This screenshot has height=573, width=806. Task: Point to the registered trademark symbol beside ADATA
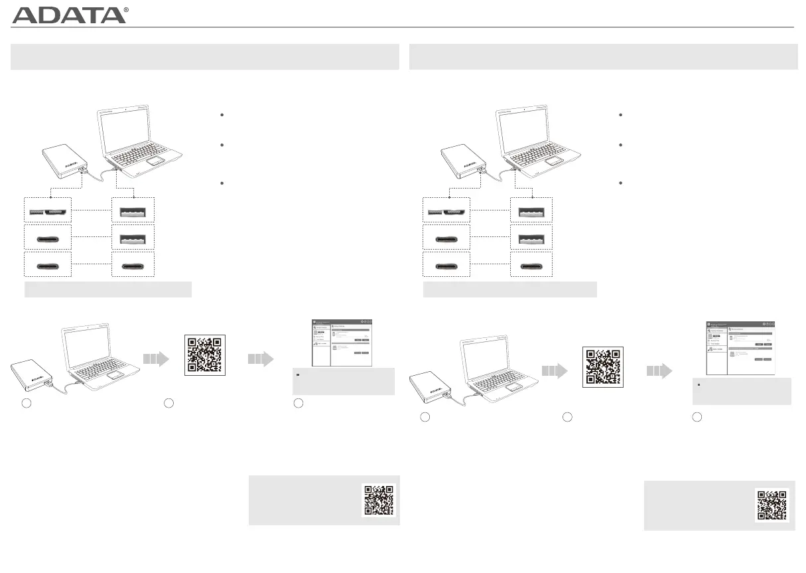[126, 11]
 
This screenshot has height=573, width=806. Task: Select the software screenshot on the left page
[341, 343]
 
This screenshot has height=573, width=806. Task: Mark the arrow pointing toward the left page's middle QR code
[156, 359]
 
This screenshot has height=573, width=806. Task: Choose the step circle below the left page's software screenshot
[299, 404]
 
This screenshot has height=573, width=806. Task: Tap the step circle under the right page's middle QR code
[567, 416]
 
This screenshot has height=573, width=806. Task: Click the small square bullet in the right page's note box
[699, 386]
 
